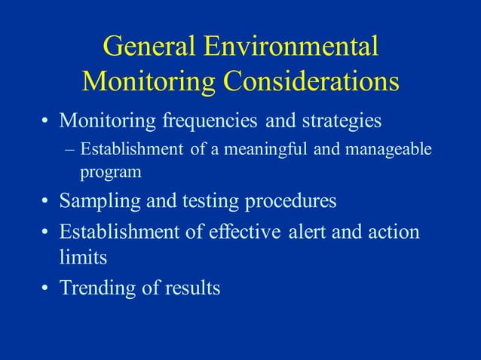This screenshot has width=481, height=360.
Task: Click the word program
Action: [111, 172]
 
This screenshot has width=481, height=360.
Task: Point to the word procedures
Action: [291, 202]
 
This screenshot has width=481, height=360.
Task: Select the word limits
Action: [83, 258]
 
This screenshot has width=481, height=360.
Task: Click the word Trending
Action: [97, 288]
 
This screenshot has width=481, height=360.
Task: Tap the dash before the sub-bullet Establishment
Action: [71, 148]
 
